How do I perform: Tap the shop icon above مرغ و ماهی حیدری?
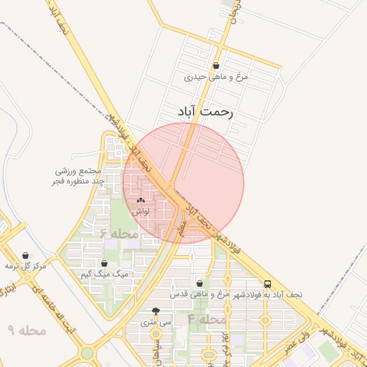(236, 66)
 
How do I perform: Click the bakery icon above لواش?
(140, 201)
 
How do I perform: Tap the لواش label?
(140, 212)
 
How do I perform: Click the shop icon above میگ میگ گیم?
(105, 264)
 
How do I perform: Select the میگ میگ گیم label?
(105, 275)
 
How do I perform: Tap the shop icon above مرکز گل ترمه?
(26, 255)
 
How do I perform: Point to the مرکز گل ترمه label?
(26, 266)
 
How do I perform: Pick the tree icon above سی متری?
(156, 311)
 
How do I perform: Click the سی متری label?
(156, 323)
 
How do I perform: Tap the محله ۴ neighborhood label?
(207, 318)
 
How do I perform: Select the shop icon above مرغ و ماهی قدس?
(209, 283)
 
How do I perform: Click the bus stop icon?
(267, 284)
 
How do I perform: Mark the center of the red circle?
(183, 183)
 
